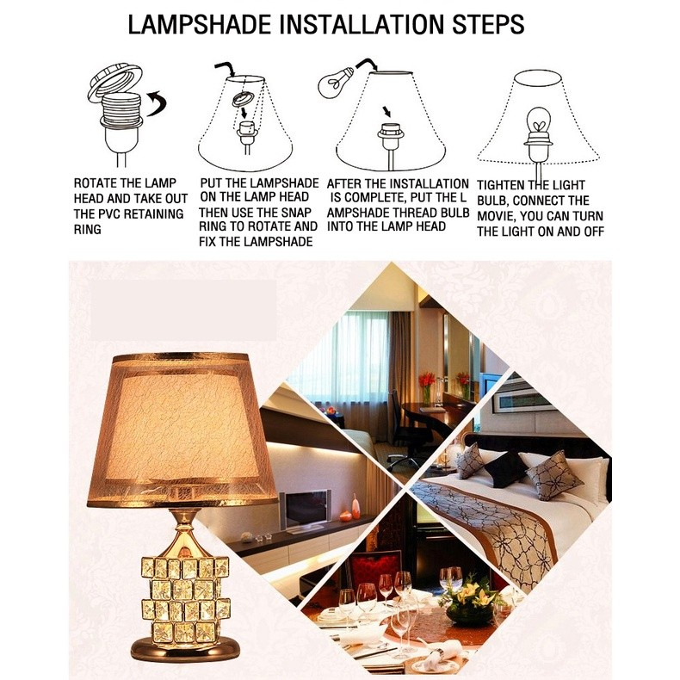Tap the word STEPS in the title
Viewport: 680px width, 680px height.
tap(488, 24)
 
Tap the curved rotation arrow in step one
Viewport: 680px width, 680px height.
tap(157, 103)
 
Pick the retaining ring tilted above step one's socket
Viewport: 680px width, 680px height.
tap(114, 83)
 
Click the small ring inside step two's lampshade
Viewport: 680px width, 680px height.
tap(242, 99)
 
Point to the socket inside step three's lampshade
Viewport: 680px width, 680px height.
tap(390, 133)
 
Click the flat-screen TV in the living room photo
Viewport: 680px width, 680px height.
tap(305, 510)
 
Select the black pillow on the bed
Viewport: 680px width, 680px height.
tap(505, 467)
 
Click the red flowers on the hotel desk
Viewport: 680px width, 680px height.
tap(427, 380)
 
